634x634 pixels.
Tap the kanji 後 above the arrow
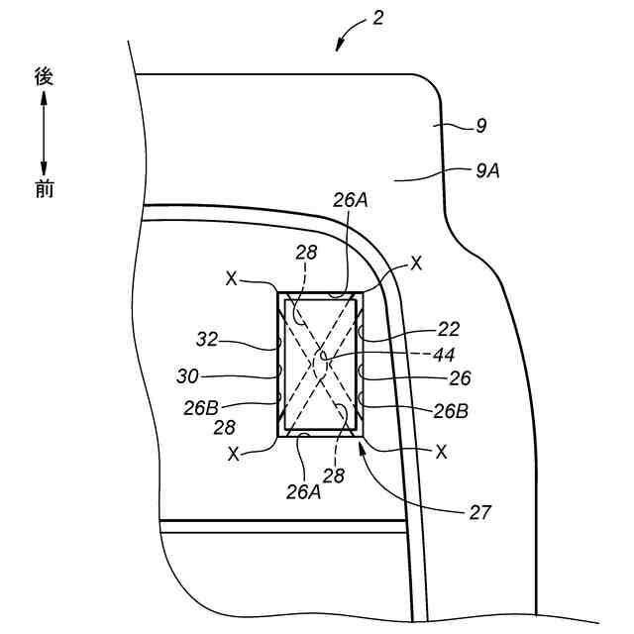(x=44, y=75)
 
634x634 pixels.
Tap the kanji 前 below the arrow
(x=44, y=188)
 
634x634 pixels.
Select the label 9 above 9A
(x=480, y=126)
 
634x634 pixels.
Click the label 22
(x=449, y=329)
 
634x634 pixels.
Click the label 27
(x=479, y=512)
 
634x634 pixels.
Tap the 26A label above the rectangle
(x=349, y=200)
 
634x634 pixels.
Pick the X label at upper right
(x=415, y=264)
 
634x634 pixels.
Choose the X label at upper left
(x=231, y=279)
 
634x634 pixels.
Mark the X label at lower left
(x=234, y=454)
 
